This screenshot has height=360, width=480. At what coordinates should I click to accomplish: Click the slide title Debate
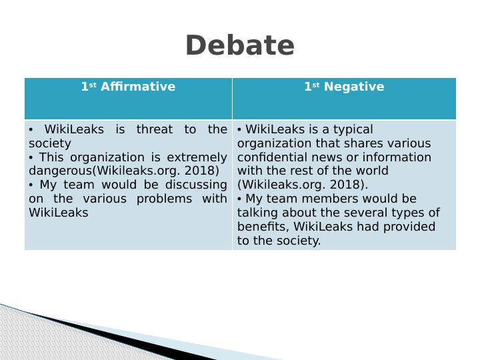(x=240, y=46)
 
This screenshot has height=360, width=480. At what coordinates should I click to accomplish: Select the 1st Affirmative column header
(x=128, y=87)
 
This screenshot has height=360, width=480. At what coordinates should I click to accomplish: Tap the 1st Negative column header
(x=344, y=87)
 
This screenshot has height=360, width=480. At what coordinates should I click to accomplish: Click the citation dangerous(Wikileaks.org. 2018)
(x=124, y=171)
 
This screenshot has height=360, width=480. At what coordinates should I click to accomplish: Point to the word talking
(x=257, y=213)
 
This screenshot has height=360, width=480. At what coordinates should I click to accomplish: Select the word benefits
(x=259, y=227)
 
